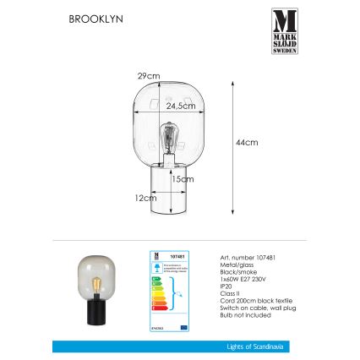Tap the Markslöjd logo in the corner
pos(285,31)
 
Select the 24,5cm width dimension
pos(180,106)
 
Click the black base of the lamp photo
pos(90,312)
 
